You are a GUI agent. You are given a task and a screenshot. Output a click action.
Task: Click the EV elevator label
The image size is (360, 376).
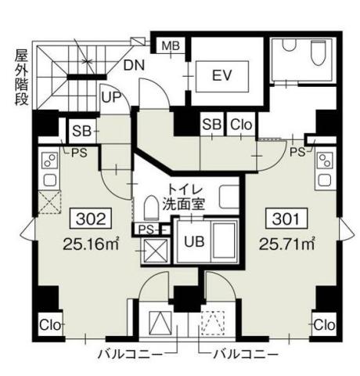click(x=221, y=76)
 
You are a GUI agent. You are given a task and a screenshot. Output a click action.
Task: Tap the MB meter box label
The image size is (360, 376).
click(x=171, y=46)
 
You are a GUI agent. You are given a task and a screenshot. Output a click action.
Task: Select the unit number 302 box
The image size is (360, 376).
click(x=91, y=219)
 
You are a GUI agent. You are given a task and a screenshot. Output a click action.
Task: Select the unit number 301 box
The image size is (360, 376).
click(x=286, y=219)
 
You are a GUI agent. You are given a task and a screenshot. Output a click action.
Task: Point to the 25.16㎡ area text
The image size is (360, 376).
click(x=91, y=244)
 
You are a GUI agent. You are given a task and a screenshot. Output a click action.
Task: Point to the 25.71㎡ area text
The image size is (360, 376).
click(x=286, y=244)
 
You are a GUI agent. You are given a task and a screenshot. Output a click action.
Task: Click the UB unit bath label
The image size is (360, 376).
click(x=194, y=241)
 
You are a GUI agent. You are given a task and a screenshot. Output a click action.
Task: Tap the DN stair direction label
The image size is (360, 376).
click(x=134, y=65)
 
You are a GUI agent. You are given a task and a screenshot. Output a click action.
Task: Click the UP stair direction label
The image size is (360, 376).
click(x=111, y=97)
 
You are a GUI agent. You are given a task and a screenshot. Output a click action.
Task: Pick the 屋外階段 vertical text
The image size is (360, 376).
click(x=21, y=77)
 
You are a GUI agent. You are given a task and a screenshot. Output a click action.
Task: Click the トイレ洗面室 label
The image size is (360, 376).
click(x=183, y=197)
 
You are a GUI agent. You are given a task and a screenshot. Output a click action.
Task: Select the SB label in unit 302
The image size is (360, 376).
click(x=81, y=132)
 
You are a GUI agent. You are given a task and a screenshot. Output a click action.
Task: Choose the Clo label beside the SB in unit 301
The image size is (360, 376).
click(x=241, y=125)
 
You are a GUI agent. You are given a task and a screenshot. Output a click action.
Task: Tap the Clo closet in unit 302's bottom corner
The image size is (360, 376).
click(x=50, y=325)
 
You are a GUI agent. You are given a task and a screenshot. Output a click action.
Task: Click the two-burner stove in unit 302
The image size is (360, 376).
click(x=50, y=161)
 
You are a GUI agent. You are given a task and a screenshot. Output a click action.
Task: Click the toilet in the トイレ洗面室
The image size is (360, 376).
click(x=150, y=208)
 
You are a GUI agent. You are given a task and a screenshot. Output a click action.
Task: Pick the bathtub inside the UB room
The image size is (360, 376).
click(x=225, y=241)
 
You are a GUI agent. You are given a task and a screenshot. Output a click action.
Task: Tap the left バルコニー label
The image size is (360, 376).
click(x=130, y=355)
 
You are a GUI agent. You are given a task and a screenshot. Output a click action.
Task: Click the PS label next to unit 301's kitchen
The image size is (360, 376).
click(x=297, y=153)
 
